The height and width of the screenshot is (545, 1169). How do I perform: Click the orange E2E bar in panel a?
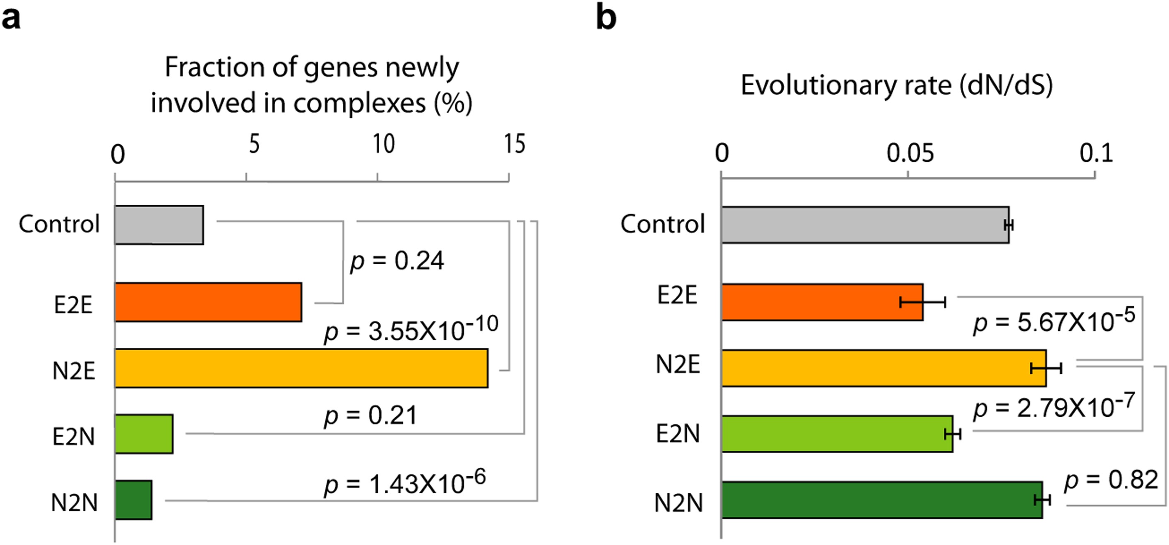[x=208, y=302]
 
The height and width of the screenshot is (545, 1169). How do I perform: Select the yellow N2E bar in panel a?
[x=301, y=368]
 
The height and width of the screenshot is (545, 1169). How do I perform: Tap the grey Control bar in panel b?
[x=864, y=225]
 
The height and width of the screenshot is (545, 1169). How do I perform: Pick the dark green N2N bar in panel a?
[x=133, y=500]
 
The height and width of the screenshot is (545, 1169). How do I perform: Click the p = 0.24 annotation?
[x=397, y=261]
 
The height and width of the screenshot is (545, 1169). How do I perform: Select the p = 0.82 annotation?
[x=1111, y=480]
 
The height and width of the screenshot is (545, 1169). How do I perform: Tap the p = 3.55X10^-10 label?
[x=411, y=329]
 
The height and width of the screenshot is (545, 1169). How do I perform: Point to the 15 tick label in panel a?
[x=515, y=144]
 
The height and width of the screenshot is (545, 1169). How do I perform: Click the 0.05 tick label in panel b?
[x=910, y=153]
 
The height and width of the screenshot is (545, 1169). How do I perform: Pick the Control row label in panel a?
[x=59, y=224]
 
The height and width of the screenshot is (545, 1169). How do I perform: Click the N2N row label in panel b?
[x=678, y=503]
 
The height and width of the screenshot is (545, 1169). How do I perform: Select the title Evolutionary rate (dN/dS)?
[x=897, y=85]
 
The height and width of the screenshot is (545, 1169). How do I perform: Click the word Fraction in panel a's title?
[x=214, y=67]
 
